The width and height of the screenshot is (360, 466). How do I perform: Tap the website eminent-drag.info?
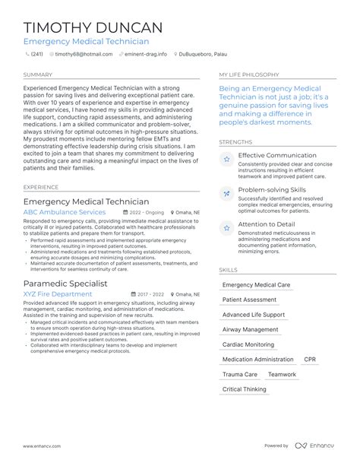[x=145, y=55]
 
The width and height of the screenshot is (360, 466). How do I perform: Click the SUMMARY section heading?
[x=38, y=75]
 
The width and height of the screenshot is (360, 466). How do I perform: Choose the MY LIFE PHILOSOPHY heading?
[x=249, y=75]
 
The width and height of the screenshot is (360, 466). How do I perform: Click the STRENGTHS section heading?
[x=236, y=141]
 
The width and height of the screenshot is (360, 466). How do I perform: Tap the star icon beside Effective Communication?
[x=226, y=160]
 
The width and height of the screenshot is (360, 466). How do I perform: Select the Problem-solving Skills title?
[x=272, y=189]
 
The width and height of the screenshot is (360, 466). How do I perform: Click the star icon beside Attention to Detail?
[x=226, y=227]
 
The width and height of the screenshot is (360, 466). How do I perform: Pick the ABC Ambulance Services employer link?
[x=65, y=212]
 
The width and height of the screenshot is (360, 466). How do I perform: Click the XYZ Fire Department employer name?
[x=58, y=293]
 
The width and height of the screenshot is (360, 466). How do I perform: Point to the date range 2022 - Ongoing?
[x=144, y=213]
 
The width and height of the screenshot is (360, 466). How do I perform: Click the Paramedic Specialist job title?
[x=65, y=283]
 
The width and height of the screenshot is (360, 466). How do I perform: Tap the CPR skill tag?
[x=310, y=360]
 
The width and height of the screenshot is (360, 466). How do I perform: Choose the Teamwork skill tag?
[x=282, y=375]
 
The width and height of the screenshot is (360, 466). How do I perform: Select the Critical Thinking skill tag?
[x=244, y=389]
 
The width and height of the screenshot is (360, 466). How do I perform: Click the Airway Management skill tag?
[x=250, y=330]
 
